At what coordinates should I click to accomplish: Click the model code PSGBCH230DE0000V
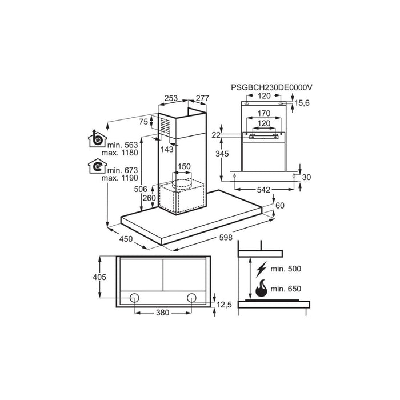273,87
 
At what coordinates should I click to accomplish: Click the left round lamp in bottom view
135,297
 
